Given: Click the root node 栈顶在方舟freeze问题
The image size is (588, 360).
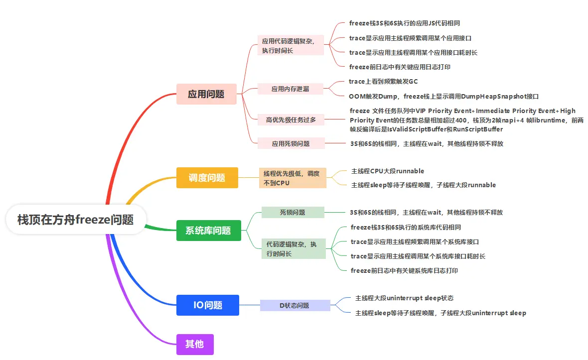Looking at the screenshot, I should (76, 219).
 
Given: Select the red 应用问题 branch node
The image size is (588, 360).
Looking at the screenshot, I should (206, 94).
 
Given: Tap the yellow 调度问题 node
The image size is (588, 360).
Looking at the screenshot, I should (207, 178).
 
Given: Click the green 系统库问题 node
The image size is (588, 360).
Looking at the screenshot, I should (208, 231).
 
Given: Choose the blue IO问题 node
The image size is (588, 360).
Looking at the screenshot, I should (208, 305).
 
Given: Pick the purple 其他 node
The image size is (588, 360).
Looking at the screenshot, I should (195, 344).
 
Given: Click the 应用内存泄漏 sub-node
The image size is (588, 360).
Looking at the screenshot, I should (291, 89).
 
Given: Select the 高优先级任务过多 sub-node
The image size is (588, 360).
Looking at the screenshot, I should (291, 120).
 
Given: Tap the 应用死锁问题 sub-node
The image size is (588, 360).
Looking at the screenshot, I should (291, 143).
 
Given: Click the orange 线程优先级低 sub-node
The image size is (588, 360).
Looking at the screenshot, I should (292, 178).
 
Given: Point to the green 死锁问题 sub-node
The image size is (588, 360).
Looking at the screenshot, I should (293, 212).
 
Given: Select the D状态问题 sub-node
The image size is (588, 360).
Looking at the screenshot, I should (294, 305).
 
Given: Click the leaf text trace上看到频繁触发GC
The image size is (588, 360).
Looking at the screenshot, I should (383, 81).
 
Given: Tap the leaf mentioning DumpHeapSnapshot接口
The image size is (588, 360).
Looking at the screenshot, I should (443, 97).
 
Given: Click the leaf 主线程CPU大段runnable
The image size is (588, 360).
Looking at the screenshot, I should (388, 171).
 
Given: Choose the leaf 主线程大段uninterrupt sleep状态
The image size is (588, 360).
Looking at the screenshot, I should (404, 298).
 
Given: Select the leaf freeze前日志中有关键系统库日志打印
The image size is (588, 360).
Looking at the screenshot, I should (404, 271).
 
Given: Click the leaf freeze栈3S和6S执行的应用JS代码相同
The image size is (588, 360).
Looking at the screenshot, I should (408, 23).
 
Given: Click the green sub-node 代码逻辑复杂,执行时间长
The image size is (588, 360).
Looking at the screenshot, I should (294, 249).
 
